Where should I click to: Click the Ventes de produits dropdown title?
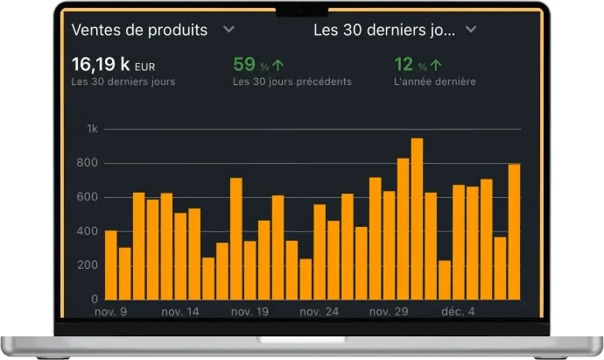(139, 30)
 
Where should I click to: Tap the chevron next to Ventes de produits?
(228, 29)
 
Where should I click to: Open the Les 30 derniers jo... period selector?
(394, 30)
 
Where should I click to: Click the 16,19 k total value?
(101, 64)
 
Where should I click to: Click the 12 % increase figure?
(404, 64)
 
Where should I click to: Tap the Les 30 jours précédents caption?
(291, 82)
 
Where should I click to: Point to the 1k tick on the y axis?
(91, 130)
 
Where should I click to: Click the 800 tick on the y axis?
(88, 164)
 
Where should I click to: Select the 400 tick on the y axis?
(88, 231)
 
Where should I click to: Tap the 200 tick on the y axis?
(88, 265)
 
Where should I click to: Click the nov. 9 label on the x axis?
(110, 311)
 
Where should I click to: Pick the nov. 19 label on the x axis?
(249, 311)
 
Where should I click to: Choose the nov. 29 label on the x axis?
(389, 311)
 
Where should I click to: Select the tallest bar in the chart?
(417, 219)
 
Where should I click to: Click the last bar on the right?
(514, 231)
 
